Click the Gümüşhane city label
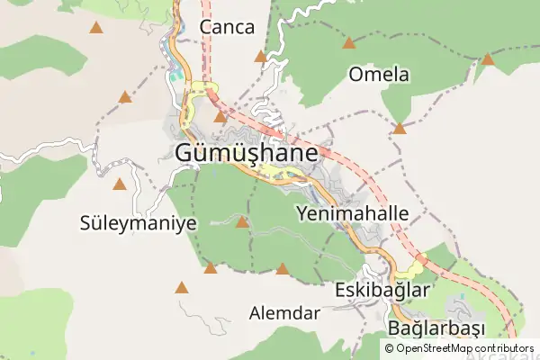(246, 153)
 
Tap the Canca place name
(227, 27)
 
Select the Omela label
(379, 75)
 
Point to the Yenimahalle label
(352, 214)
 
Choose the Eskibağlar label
(382, 292)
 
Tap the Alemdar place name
(284, 314)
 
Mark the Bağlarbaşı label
(436, 326)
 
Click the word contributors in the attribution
(504, 348)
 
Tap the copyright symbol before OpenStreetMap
(389, 348)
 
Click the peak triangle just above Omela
(349, 42)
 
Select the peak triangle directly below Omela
(399, 129)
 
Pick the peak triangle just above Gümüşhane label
(220, 116)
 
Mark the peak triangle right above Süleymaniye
(119, 184)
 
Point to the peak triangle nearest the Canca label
(261, 57)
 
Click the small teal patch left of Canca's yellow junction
(175, 76)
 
